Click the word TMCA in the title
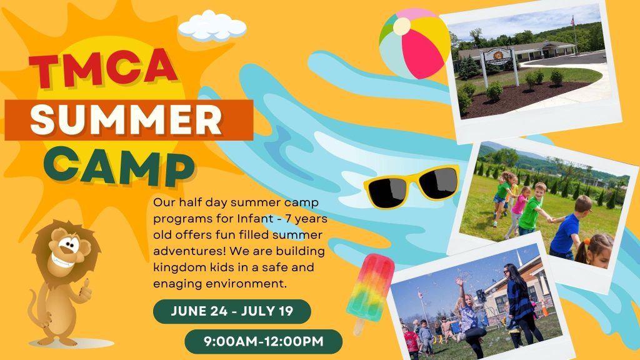click(103, 67)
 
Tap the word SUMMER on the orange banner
click(126, 120)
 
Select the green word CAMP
click(119, 166)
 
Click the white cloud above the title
click(212, 26)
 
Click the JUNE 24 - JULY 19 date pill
click(232, 311)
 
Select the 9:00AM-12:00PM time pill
click(263, 342)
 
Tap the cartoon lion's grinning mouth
click(65, 261)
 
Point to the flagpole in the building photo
click(575, 35)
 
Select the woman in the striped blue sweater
click(520, 302)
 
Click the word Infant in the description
click(256, 219)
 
